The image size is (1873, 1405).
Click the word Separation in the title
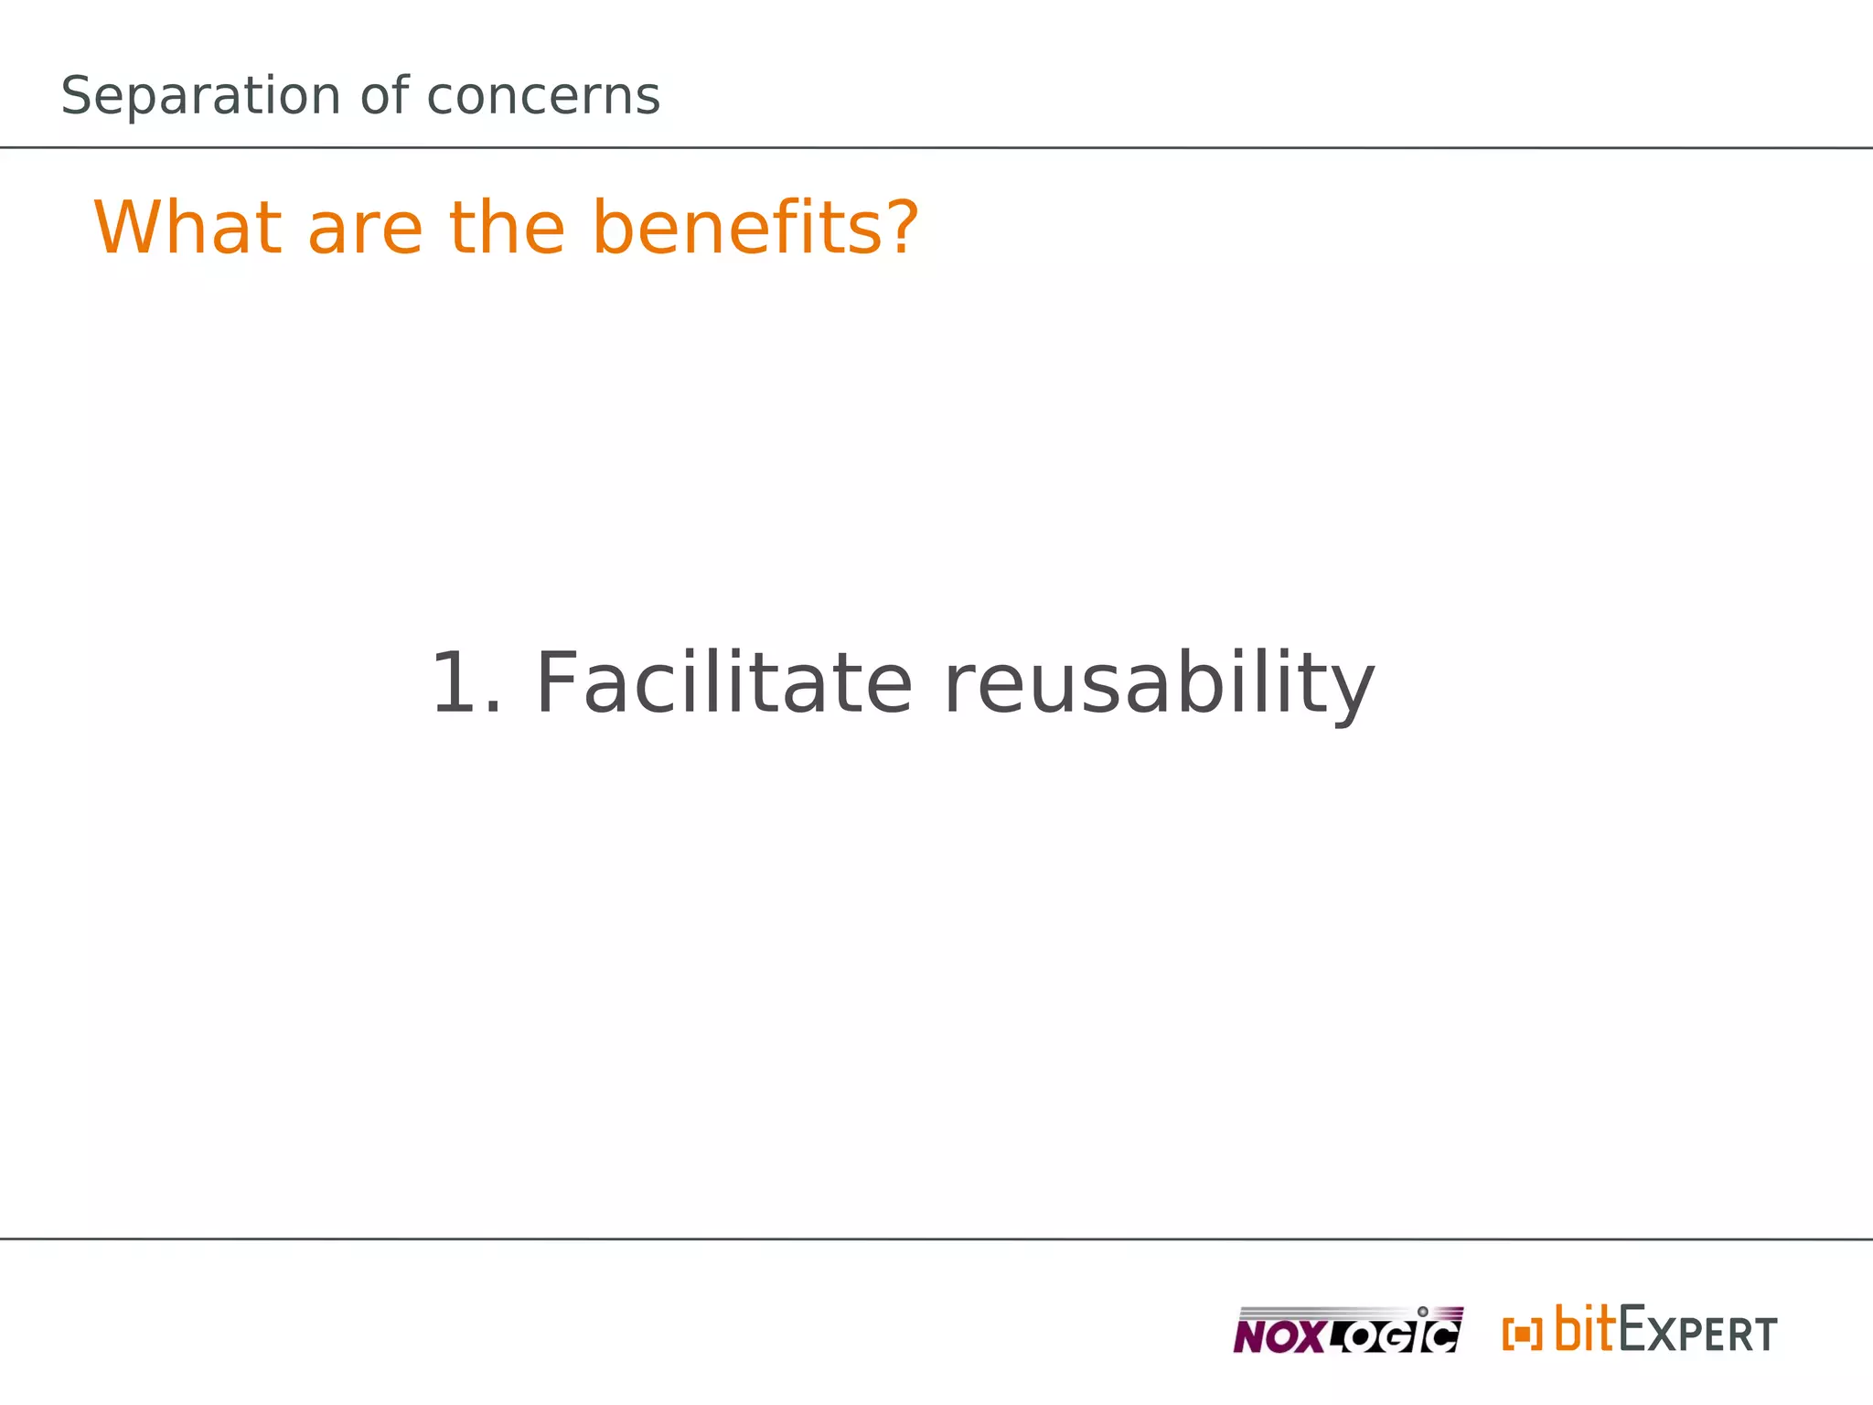tap(200, 97)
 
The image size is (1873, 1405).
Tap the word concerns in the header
tap(542, 97)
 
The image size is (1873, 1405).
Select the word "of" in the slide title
tap(383, 95)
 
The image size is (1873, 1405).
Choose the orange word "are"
tap(365, 230)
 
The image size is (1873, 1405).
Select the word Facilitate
tap(722, 683)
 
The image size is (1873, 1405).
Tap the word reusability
tap(1158, 685)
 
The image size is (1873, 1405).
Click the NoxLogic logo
tap(1347, 1330)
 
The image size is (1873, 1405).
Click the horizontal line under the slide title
tap(936, 147)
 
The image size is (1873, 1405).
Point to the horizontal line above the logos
tap(936, 1239)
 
